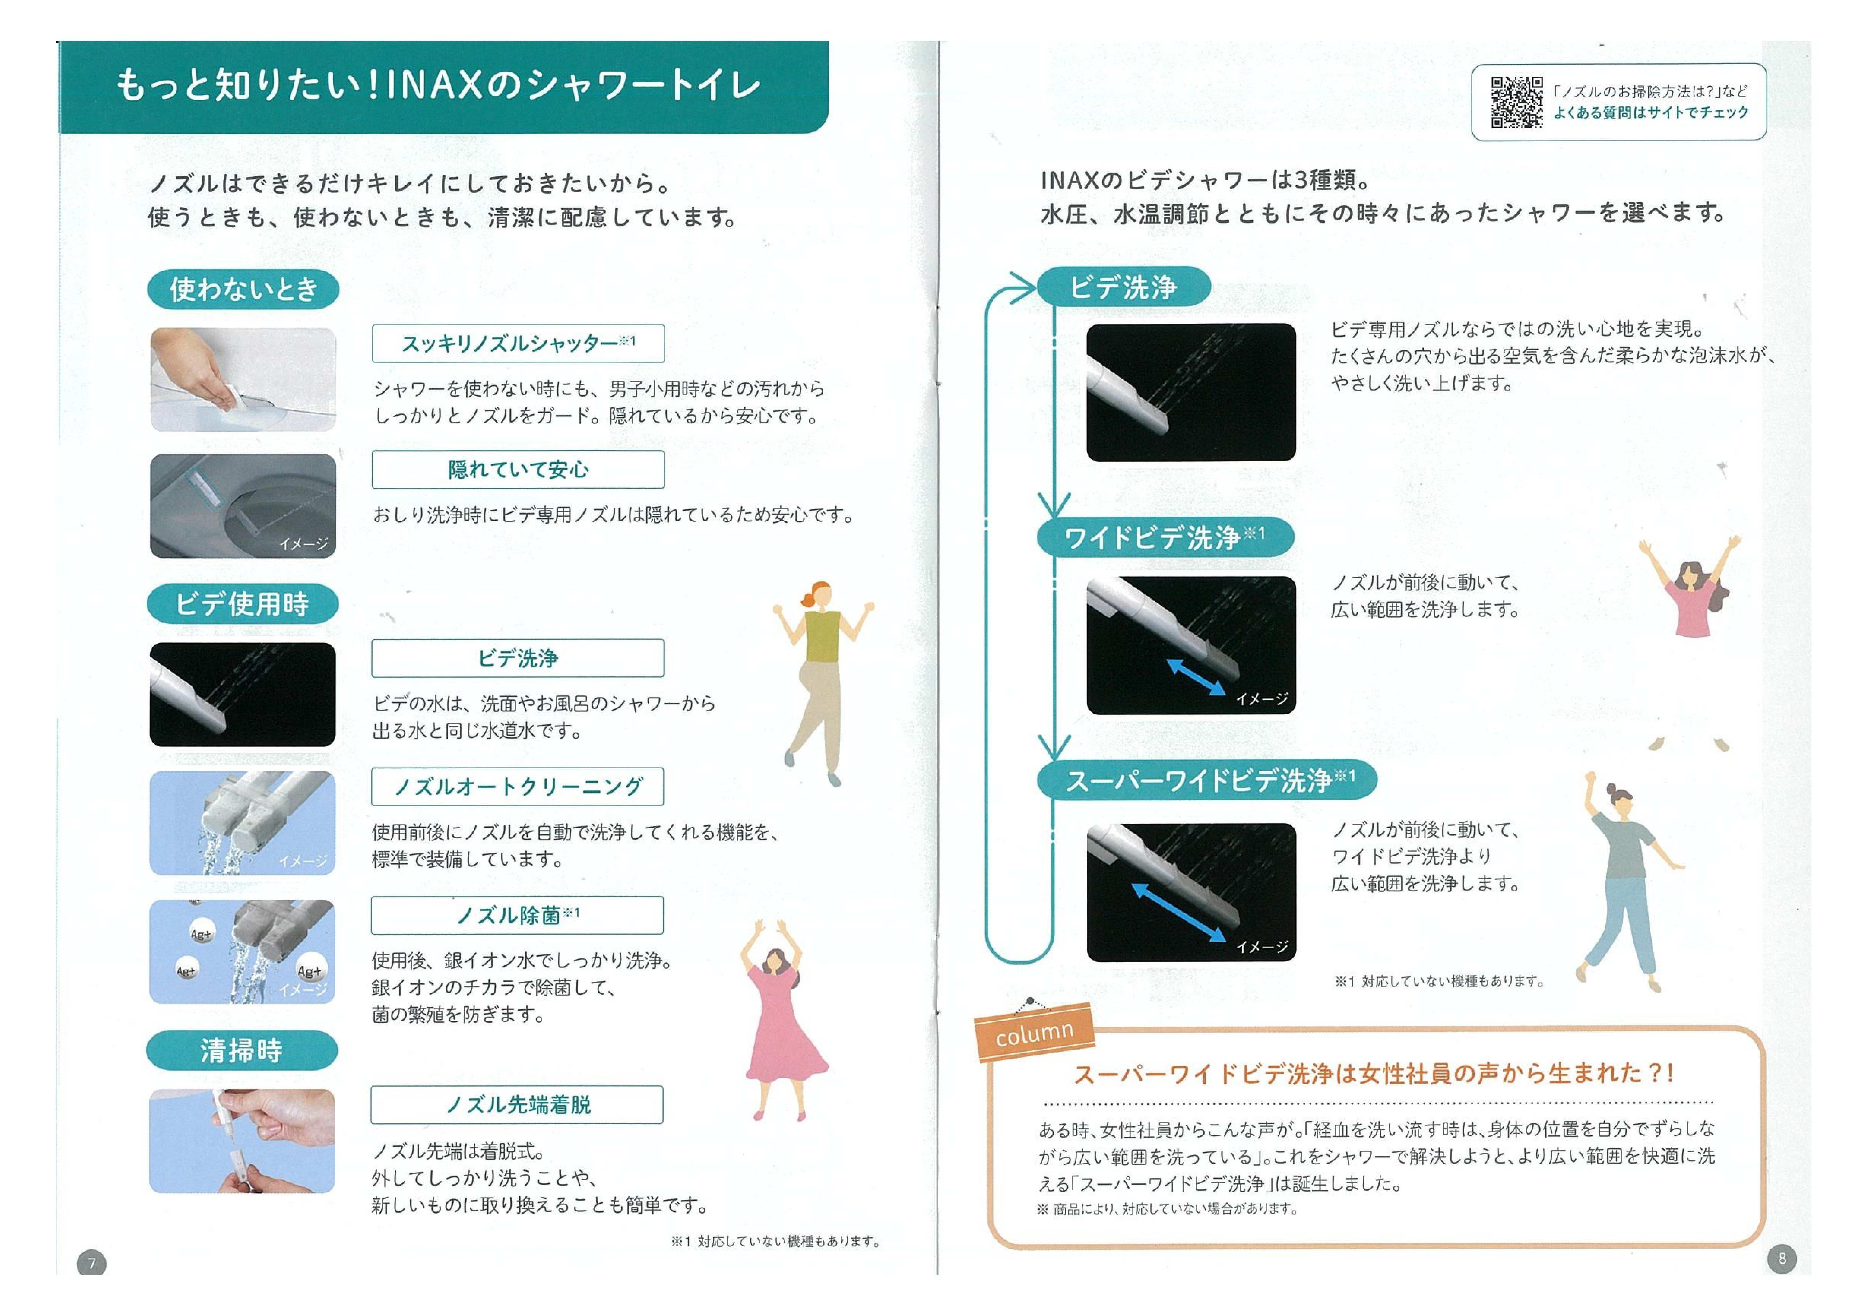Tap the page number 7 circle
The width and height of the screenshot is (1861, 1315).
(x=92, y=1263)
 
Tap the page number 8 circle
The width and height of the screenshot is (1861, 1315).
(x=1782, y=1258)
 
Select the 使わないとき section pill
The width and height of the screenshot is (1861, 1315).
(x=243, y=289)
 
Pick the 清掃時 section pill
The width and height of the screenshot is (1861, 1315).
(x=241, y=1051)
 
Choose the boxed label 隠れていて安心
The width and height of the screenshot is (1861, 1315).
(x=518, y=469)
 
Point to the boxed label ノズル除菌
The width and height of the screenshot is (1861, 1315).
(x=517, y=915)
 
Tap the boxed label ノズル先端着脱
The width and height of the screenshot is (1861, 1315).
(x=517, y=1104)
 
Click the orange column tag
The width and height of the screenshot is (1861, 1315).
(x=1035, y=1033)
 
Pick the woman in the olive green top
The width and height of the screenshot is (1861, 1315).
(x=820, y=681)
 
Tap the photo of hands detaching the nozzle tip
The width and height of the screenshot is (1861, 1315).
(x=242, y=1141)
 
